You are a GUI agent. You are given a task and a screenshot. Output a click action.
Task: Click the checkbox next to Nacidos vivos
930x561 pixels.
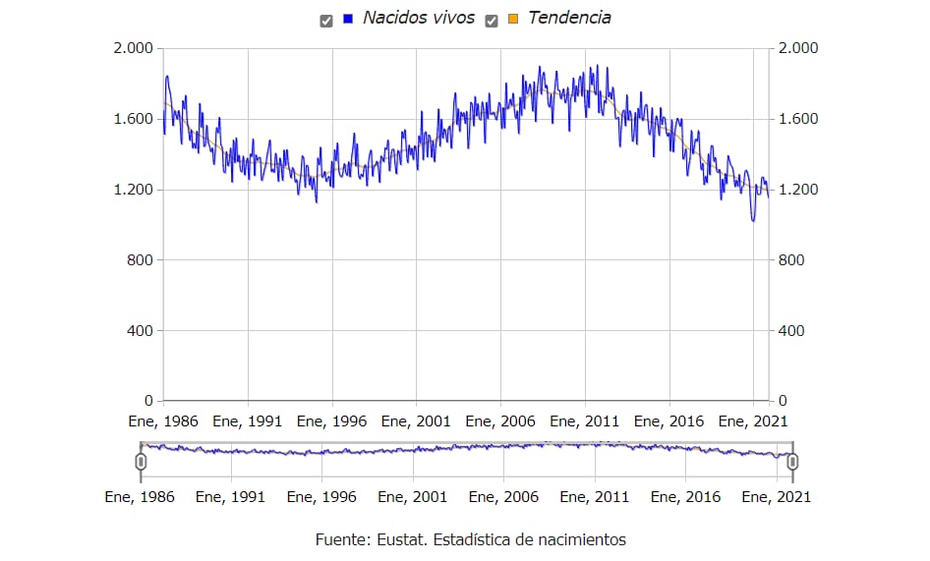pos(326,19)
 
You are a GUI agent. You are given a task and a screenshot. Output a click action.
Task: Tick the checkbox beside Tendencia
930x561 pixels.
pos(492,19)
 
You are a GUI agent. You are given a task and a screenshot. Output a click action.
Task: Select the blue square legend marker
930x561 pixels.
pos(348,19)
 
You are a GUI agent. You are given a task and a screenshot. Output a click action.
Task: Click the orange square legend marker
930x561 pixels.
pos(513,19)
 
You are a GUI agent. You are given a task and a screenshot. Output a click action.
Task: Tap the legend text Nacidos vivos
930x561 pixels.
pos(419,18)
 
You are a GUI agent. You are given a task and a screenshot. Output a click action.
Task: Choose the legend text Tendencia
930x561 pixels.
pos(569,18)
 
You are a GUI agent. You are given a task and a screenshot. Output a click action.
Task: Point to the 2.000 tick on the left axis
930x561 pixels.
pos(135,48)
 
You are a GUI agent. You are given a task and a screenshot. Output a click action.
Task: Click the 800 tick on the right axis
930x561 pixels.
pos(790,260)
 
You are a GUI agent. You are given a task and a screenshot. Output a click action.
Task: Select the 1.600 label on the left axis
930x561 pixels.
pos(135,119)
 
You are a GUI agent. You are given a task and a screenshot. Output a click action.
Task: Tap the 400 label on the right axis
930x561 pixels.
pos(790,331)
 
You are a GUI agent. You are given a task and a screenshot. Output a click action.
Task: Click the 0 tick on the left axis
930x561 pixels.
pos(148,401)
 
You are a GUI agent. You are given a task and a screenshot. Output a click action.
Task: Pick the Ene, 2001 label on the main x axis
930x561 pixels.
pos(417,421)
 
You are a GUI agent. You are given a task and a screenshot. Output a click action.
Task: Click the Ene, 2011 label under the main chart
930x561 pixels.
pos(585,421)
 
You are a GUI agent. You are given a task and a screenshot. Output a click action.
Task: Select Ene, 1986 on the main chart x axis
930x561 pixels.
pos(163,421)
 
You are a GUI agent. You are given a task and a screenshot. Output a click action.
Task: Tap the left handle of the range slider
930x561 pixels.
pos(141,462)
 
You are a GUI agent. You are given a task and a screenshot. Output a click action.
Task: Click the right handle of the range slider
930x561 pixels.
pos(792,462)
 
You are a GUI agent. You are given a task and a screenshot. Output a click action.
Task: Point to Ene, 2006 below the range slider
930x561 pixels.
pos(503,497)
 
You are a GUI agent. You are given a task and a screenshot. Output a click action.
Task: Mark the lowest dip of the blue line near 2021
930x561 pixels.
pos(753,221)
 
